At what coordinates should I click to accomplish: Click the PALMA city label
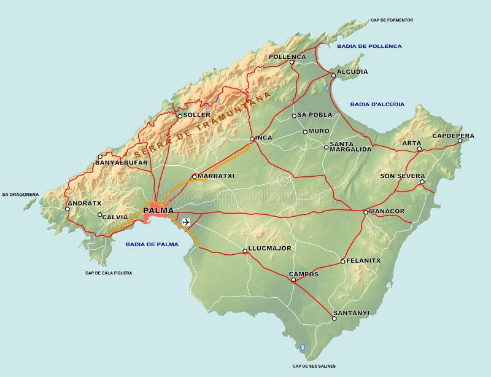[158, 211]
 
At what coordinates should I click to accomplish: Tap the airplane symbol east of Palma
[186, 222]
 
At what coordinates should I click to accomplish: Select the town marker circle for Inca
[252, 139]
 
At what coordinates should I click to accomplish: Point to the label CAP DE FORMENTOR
[392, 20]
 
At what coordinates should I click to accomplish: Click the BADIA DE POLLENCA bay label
[369, 46]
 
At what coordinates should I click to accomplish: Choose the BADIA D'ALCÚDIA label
[377, 104]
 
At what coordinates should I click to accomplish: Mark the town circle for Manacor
[365, 212]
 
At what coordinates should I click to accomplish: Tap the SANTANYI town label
[351, 313]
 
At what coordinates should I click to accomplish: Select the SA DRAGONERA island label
[20, 195]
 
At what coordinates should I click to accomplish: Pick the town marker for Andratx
[68, 209]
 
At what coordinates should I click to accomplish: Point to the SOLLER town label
[198, 115]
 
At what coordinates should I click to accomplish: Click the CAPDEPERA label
[453, 135]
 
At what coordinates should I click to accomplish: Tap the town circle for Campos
[293, 280]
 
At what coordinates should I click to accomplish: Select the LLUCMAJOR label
[269, 248]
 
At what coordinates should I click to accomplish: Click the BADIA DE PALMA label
[152, 244]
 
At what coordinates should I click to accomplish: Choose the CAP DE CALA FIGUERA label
[109, 273]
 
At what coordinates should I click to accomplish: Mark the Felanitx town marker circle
[343, 262]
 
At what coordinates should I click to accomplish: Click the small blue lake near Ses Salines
[302, 348]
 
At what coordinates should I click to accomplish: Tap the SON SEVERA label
[402, 176]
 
